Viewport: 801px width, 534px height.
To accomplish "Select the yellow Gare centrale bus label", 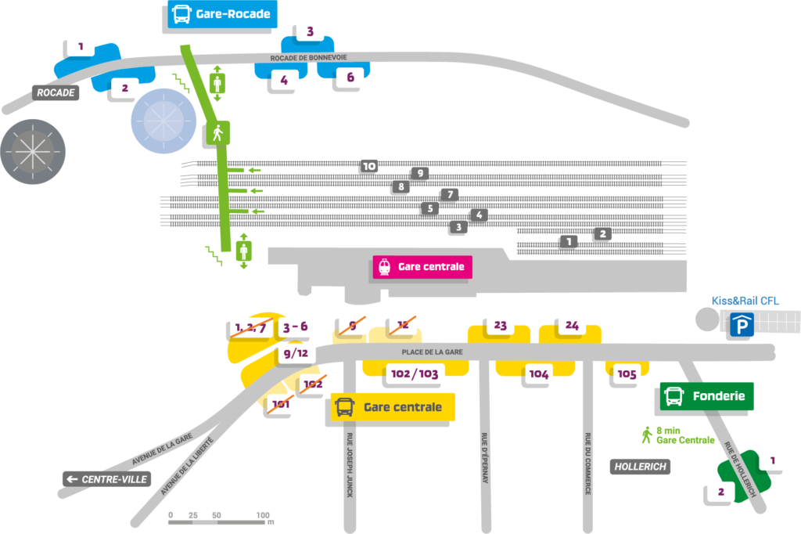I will click(393, 407).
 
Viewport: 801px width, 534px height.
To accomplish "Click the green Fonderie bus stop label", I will click(707, 396).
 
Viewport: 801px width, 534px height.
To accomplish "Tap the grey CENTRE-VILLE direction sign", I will click(106, 478).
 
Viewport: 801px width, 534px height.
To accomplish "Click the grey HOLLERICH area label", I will click(639, 467).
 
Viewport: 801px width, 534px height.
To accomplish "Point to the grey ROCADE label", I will click(56, 92).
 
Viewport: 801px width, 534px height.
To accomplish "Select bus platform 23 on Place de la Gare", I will click(501, 325).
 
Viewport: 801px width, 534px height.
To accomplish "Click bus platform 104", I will click(539, 374).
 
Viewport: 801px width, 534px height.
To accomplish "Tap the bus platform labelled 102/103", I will click(414, 374).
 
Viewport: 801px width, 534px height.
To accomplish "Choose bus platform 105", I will click(627, 373).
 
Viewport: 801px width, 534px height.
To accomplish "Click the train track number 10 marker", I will click(368, 166).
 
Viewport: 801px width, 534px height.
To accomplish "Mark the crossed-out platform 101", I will click(280, 405).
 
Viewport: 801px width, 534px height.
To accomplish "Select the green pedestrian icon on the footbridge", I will click(218, 133).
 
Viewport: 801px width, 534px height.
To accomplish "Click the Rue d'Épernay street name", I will click(485, 457).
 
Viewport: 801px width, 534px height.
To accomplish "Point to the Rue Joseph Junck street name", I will click(349, 465).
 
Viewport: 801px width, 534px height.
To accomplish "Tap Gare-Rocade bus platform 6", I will click(350, 78).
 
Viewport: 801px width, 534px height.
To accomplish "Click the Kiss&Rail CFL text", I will click(745, 301).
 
